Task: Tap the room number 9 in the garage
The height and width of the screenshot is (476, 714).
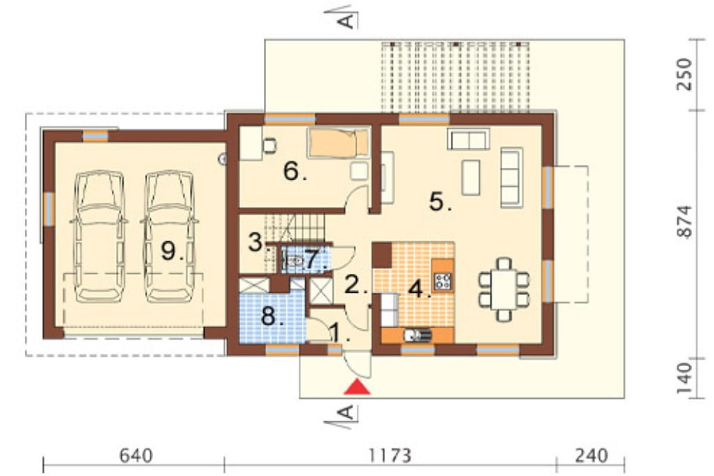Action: tap(169, 250)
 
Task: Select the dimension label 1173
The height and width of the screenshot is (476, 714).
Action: tap(390, 455)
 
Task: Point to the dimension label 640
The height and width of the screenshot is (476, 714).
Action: tap(136, 455)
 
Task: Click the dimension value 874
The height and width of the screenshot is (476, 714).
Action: tap(685, 221)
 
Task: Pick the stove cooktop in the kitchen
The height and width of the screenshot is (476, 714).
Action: tap(442, 281)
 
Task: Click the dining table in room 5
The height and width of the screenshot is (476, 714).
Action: tap(504, 289)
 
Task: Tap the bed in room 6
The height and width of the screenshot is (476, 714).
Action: tap(338, 142)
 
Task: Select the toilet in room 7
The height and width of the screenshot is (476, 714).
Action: tap(293, 262)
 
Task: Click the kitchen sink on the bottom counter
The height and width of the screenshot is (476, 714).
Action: tap(418, 335)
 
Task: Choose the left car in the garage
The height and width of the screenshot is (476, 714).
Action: tap(99, 237)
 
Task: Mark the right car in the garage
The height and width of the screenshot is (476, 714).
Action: tap(169, 237)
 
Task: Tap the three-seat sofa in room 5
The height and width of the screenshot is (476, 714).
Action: tap(512, 177)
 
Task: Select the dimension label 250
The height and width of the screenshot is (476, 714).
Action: tap(685, 74)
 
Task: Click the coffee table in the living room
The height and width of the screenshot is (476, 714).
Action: tap(471, 177)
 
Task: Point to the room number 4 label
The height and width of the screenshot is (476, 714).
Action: tap(417, 289)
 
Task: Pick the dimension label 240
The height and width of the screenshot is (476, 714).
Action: tap(590, 455)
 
